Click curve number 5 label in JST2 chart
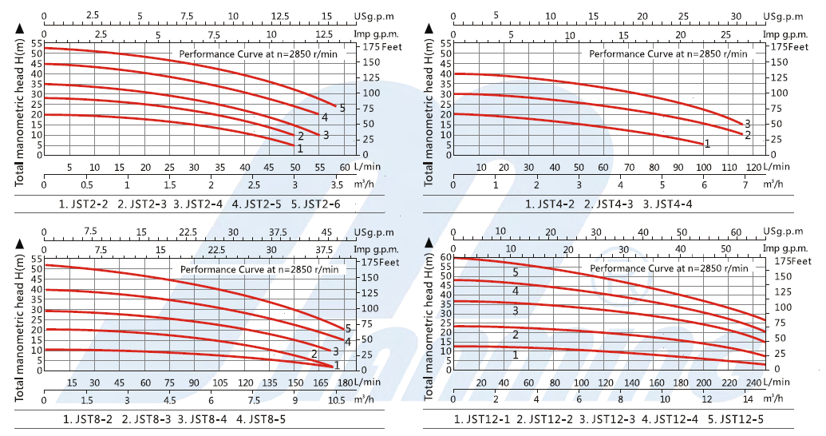(342, 108)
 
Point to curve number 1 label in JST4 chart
(707, 143)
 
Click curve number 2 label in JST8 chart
(314, 354)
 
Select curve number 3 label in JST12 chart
(516, 311)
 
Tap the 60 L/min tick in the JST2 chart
(345, 167)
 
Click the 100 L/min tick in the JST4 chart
(703, 167)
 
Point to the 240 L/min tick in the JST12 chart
(751, 383)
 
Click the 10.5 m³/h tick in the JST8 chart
(337, 400)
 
